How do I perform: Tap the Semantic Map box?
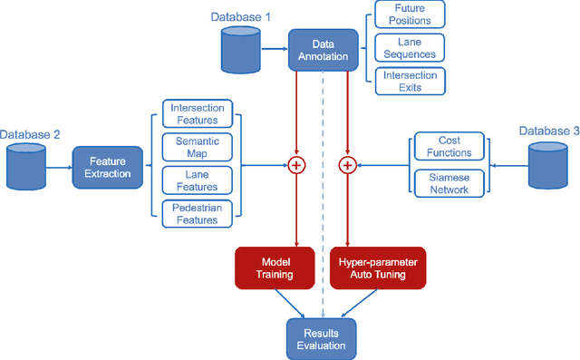(x=198, y=147)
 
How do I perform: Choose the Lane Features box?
(x=198, y=180)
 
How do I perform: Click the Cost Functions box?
(x=450, y=147)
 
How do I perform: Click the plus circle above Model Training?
(x=295, y=164)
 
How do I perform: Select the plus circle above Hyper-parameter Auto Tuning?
(x=346, y=164)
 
